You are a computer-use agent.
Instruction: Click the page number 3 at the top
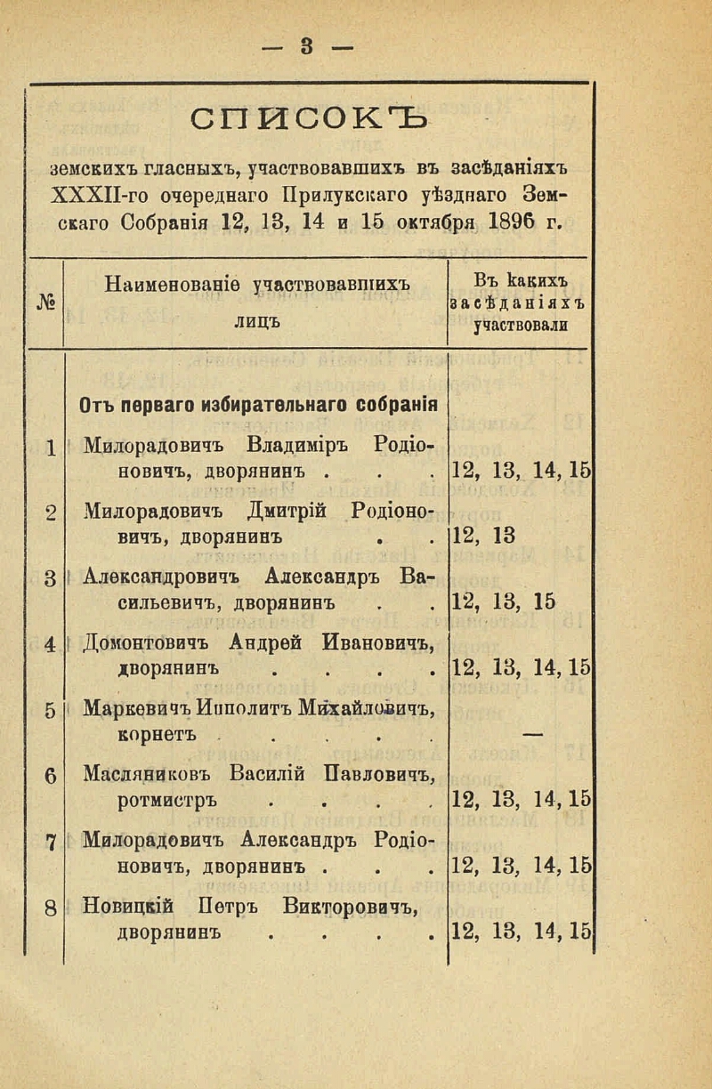pyautogui.click(x=309, y=46)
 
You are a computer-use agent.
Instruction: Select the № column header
pyautogui.click(x=46, y=302)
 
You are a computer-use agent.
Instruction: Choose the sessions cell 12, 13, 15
pyautogui.click(x=505, y=602)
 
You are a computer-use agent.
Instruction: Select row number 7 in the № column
pyautogui.click(x=50, y=841)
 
